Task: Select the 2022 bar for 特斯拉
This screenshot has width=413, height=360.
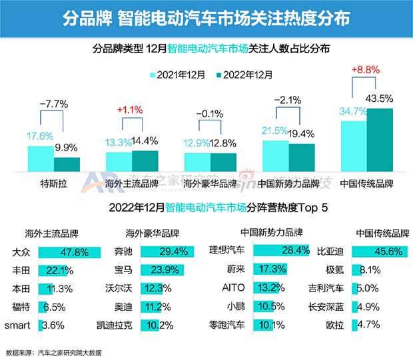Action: [67, 164]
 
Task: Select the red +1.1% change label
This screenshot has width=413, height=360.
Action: [131, 109]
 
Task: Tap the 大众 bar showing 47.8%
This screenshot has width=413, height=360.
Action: [69, 252]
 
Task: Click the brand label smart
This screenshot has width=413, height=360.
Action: [17, 325]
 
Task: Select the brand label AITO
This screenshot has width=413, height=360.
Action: [234, 289]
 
